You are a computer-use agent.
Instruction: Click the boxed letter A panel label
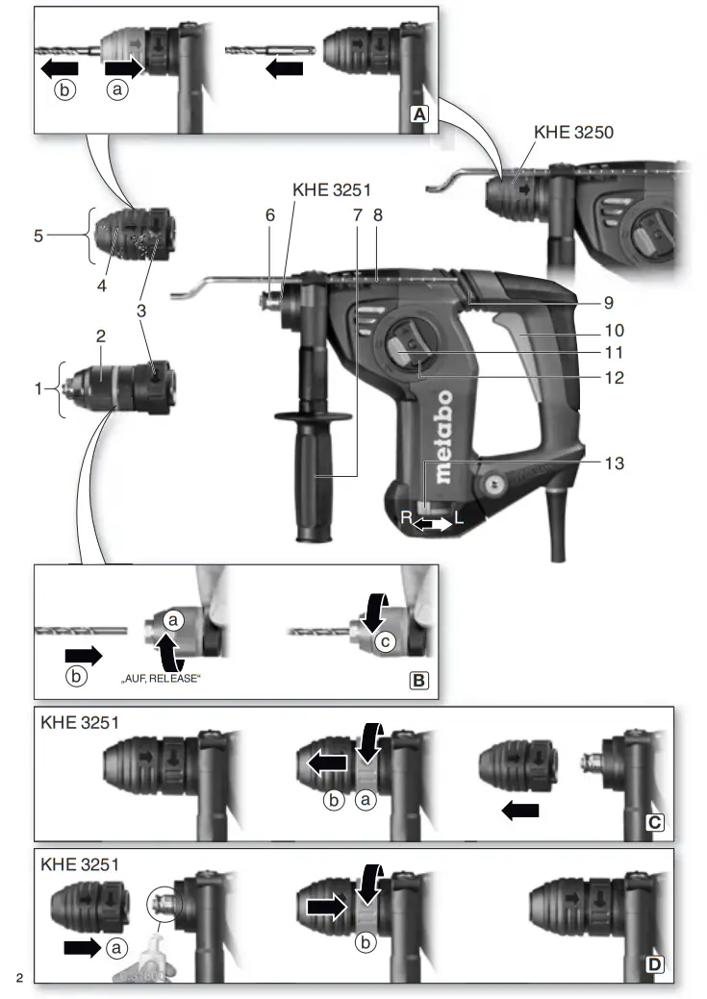click(419, 113)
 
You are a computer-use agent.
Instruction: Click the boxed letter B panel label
click(419, 681)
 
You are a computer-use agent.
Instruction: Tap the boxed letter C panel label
click(654, 823)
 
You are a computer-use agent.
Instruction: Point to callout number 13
click(615, 463)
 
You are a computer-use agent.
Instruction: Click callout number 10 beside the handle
click(615, 329)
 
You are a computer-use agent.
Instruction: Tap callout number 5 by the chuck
click(38, 234)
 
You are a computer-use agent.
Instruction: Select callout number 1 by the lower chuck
click(38, 388)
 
